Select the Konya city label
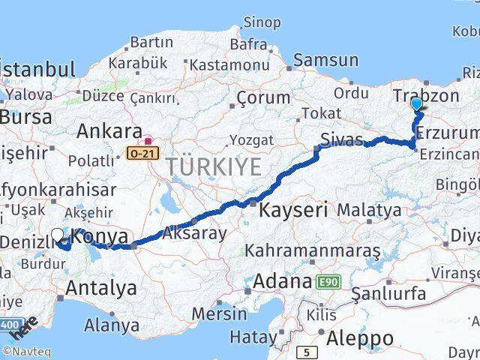tap(101, 237)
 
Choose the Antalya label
tap(101, 287)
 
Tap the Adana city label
tap(282, 282)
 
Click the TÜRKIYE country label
tap(214, 166)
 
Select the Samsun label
tap(326, 60)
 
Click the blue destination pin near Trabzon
tap(417, 106)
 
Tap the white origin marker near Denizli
tap(57, 235)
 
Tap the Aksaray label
tap(193, 233)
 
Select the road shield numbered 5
tap(307, 351)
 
